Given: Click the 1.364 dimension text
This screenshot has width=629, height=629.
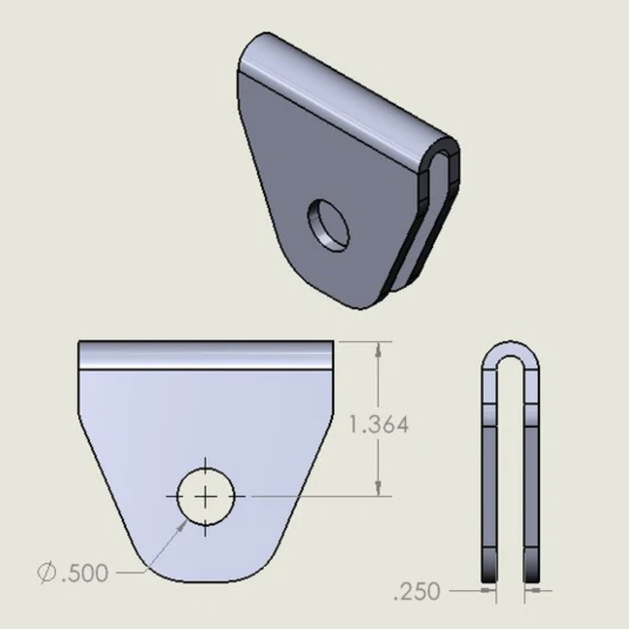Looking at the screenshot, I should coord(379,425).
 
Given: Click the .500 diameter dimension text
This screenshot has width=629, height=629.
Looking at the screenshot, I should coord(84,573).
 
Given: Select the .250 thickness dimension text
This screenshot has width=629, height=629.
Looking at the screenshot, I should coord(416,591).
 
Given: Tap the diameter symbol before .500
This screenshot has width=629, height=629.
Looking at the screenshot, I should coord(46,573).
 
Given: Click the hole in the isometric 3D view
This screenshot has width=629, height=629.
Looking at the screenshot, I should coord(329,225).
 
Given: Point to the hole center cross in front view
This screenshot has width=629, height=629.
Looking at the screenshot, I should coord(205,496).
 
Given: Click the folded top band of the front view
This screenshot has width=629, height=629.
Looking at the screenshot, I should coord(206,355).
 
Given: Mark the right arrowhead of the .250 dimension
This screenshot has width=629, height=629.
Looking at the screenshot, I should coord(533,590).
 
